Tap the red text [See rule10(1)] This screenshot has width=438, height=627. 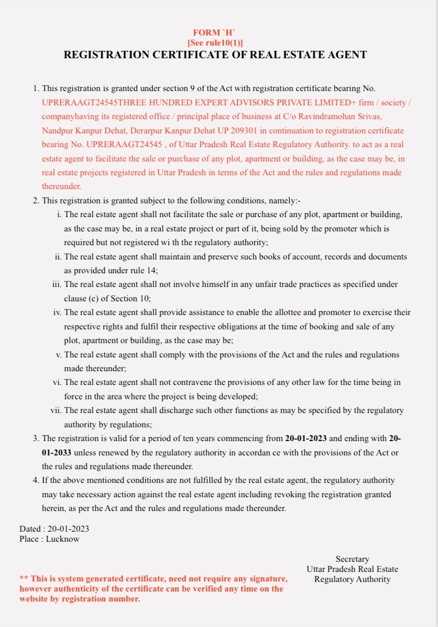215,43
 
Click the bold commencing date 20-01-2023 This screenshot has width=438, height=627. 306,439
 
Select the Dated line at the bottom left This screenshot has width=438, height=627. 54,529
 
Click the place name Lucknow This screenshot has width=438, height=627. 62,539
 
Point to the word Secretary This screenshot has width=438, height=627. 352,559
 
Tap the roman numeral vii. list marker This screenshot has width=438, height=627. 56,410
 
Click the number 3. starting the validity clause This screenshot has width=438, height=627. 36,439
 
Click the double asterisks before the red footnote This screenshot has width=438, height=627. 24,579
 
